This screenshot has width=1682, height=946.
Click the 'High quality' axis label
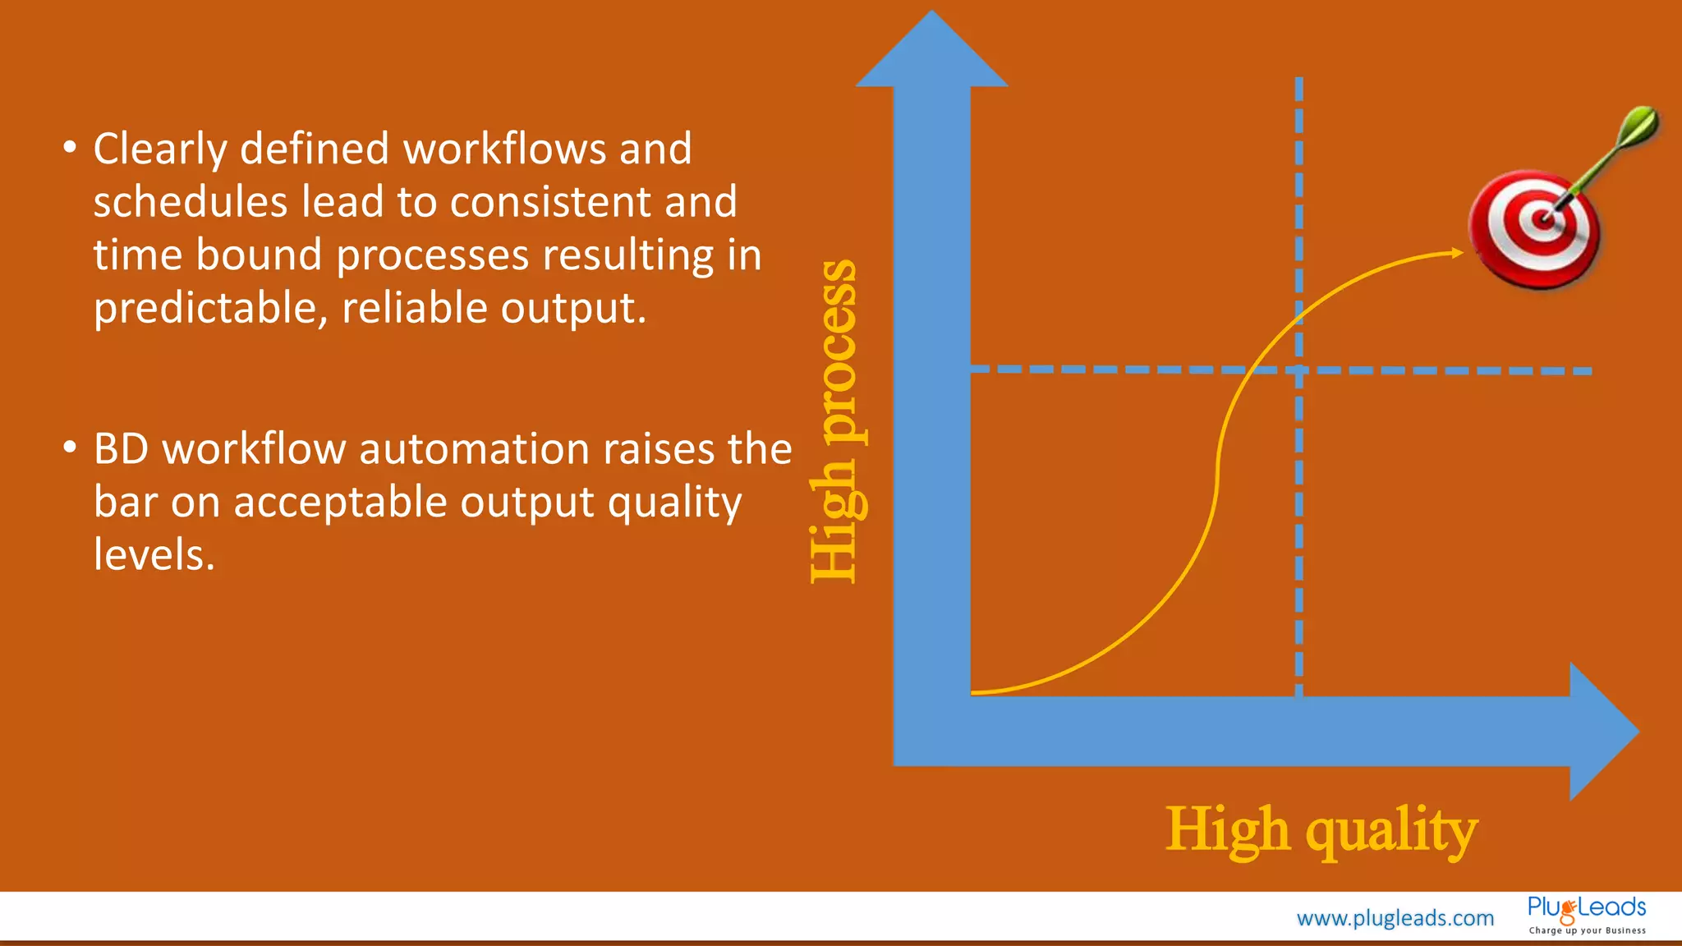(1321, 831)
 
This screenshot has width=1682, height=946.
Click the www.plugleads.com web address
(1395, 918)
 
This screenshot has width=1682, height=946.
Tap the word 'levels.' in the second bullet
(154, 555)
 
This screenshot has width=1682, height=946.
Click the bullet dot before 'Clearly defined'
(70, 149)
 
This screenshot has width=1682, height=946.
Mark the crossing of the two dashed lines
(1298, 370)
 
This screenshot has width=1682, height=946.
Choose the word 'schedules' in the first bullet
(191, 203)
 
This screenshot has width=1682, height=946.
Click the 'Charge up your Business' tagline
(1587, 930)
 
